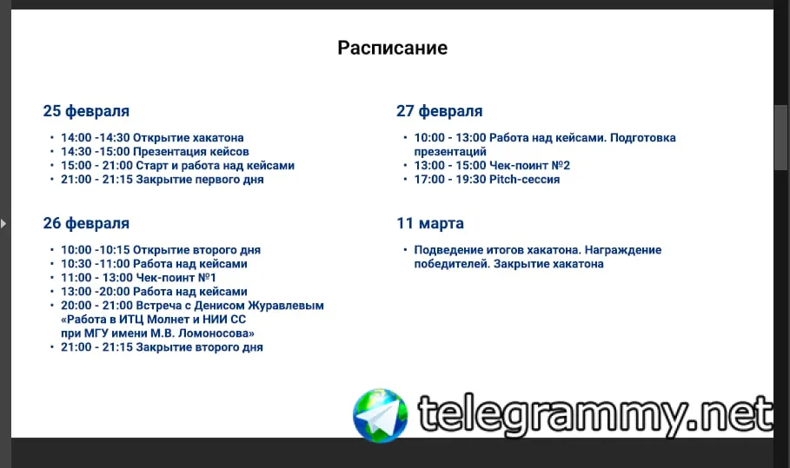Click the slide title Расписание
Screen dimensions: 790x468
tap(393, 49)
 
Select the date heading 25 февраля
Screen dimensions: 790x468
tap(86, 111)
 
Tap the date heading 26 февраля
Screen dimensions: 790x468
tap(86, 223)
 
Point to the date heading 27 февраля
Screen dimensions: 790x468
tap(440, 111)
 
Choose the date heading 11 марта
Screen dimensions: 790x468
tap(430, 223)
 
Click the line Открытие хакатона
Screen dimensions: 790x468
tap(189, 138)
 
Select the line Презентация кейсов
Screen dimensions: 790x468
tap(191, 152)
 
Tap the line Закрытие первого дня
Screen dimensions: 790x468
tap(200, 180)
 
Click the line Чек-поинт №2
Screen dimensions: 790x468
tap(529, 166)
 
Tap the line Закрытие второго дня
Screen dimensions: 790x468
tap(200, 347)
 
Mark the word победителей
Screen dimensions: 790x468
tap(451, 264)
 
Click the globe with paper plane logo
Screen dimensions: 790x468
tap(381, 416)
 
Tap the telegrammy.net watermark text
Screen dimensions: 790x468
tap(595, 416)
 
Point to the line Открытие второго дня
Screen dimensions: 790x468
tap(197, 250)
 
